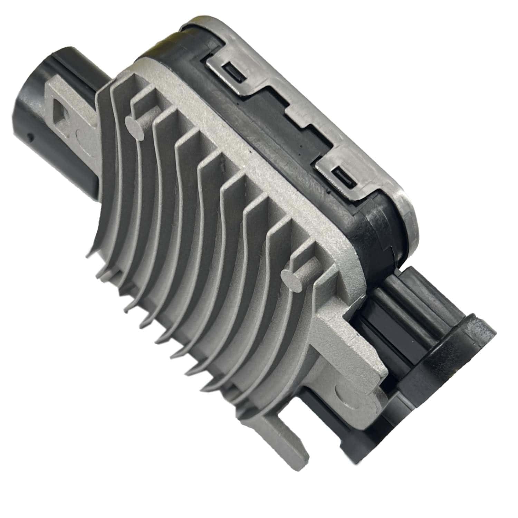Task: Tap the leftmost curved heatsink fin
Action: (104, 193)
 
